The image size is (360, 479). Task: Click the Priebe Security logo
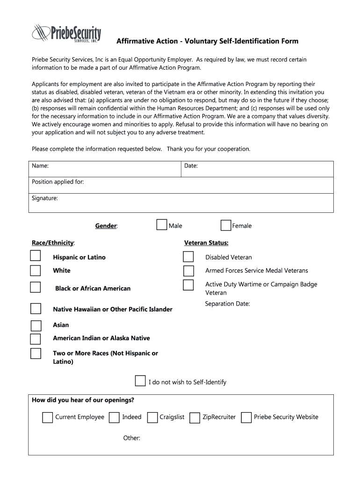click(x=66, y=34)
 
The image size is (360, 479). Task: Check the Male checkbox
click(x=162, y=225)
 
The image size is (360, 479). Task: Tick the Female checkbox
click(x=226, y=225)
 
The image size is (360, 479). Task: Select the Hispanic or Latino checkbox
click(x=36, y=255)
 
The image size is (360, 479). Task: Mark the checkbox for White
click(x=36, y=270)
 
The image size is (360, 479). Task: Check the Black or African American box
click(x=36, y=287)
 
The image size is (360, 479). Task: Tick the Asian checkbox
click(x=36, y=326)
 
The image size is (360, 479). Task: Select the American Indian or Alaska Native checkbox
click(x=36, y=339)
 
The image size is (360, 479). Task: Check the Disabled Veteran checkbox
click(x=188, y=256)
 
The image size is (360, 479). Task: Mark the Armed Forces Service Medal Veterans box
click(x=188, y=271)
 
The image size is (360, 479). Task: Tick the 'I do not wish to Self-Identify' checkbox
click(x=140, y=380)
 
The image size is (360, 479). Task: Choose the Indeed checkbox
click(x=114, y=417)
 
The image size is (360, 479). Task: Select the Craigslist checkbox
click(x=152, y=417)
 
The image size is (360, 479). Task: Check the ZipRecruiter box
click(x=195, y=417)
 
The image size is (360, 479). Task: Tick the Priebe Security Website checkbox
click(x=246, y=417)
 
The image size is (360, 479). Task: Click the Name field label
click(x=40, y=166)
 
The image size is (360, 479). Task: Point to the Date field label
click(x=191, y=166)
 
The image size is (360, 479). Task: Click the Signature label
click(x=45, y=198)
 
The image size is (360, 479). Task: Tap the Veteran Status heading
click(x=206, y=243)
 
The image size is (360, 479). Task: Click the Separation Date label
click(x=228, y=304)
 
